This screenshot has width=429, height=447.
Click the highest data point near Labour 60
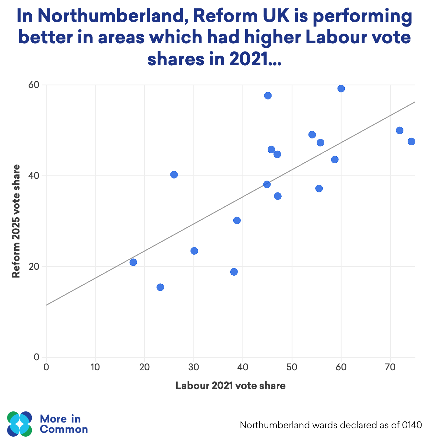[x=341, y=89]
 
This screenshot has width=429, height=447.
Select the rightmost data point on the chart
[x=411, y=141]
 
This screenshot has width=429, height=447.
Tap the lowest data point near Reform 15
[x=160, y=287]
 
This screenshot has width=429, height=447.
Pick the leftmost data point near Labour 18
[x=133, y=262]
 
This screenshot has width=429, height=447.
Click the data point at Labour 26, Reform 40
[x=174, y=175]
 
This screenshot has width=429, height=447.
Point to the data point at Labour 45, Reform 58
[x=268, y=96]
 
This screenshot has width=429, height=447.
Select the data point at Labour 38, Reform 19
[x=234, y=272]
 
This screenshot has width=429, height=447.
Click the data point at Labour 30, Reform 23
[x=194, y=251]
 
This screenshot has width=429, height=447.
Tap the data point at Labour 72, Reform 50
[x=400, y=130]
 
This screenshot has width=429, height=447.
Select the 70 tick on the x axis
[x=390, y=367]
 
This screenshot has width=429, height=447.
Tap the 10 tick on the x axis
[x=95, y=367]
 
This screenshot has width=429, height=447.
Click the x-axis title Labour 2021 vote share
[x=230, y=386]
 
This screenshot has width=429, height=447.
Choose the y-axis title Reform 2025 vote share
[x=16, y=221]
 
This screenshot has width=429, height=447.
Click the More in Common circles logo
[x=19, y=424]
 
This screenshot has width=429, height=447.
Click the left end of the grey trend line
[x=47, y=305]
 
